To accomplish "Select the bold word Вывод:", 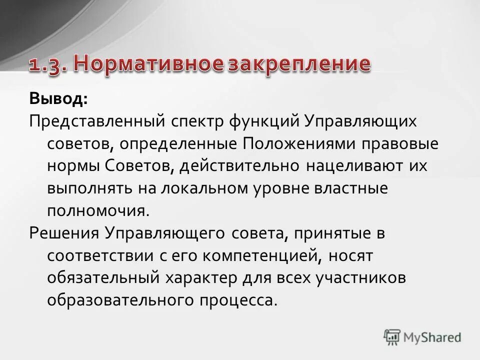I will (58, 98).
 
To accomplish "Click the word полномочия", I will (98, 210).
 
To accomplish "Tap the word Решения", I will (64, 233).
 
